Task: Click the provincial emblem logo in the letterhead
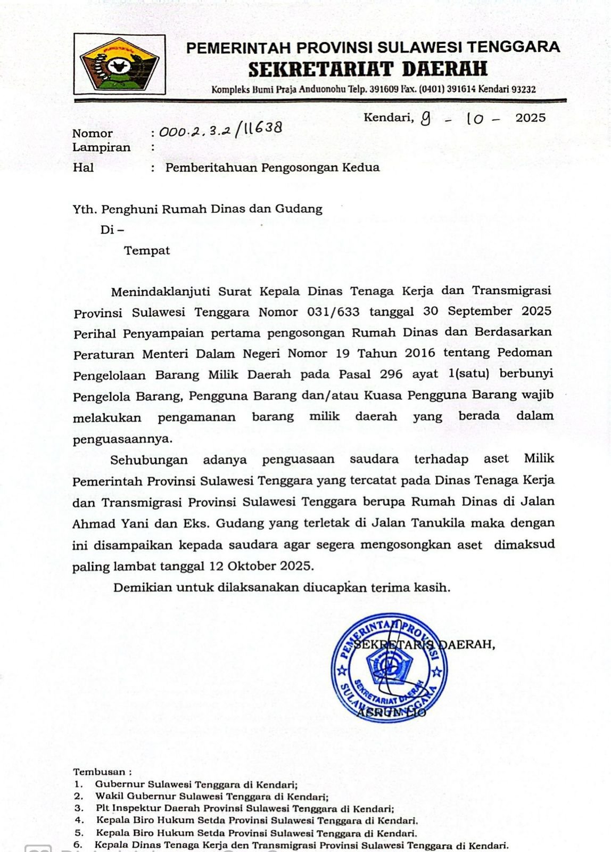pos(119,64)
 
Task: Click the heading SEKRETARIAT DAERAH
pos(368,69)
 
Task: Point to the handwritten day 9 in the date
pos(425,118)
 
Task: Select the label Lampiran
pos(101,148)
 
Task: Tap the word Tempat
pos(147,251)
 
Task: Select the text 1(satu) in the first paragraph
pos(469,374)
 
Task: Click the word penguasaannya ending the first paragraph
pos(123,440)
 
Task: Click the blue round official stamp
pos(389,668)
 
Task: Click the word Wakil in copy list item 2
pos(108,797)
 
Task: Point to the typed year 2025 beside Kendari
pos(531,118)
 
